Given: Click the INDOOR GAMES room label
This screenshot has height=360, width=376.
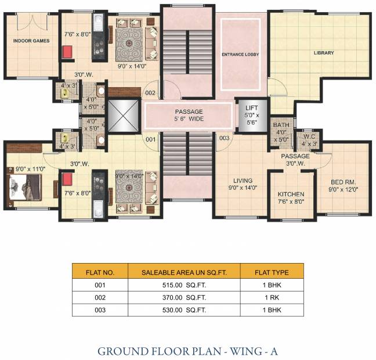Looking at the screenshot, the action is [x=31, y=41].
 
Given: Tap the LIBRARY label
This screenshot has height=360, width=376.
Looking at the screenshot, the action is [x=324, y=53].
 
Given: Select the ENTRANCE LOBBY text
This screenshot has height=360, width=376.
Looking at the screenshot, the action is [x=240, y=55].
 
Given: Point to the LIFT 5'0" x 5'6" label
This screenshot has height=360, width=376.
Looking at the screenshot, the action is [x=252, y=115].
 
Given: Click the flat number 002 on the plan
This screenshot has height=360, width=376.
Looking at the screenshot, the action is [x=150, y=93].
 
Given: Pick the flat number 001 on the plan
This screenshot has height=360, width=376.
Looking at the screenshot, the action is [x=150, y=139].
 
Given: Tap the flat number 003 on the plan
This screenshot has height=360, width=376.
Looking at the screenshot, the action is [x=224, y=138].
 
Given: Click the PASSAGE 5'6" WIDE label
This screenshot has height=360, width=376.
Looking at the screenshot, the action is [x=189, y=115].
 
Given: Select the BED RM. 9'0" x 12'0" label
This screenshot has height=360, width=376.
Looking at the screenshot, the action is [x=344, y=186].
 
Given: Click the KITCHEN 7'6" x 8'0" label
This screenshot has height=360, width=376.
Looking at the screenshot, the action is [x=291, y=198].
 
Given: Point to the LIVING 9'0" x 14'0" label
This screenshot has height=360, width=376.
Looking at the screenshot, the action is [x=243, y=184].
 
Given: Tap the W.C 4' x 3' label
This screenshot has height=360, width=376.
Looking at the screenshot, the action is [x=309, y=140].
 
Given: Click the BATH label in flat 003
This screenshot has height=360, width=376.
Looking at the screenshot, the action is [x=281, y=125].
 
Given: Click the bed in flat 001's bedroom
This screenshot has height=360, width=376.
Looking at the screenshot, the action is [x=25, y=187].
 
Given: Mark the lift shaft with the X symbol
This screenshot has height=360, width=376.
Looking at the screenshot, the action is [x=123, y=116].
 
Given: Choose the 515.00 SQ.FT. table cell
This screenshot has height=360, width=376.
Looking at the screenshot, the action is [x=184, y=285].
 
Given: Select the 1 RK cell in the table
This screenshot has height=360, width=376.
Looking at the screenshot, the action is [x=272, y=298].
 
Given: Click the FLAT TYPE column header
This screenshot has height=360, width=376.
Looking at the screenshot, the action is [x=272, y=272].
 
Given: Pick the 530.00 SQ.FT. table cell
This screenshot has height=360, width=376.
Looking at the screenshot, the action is [x=184, y=310].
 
